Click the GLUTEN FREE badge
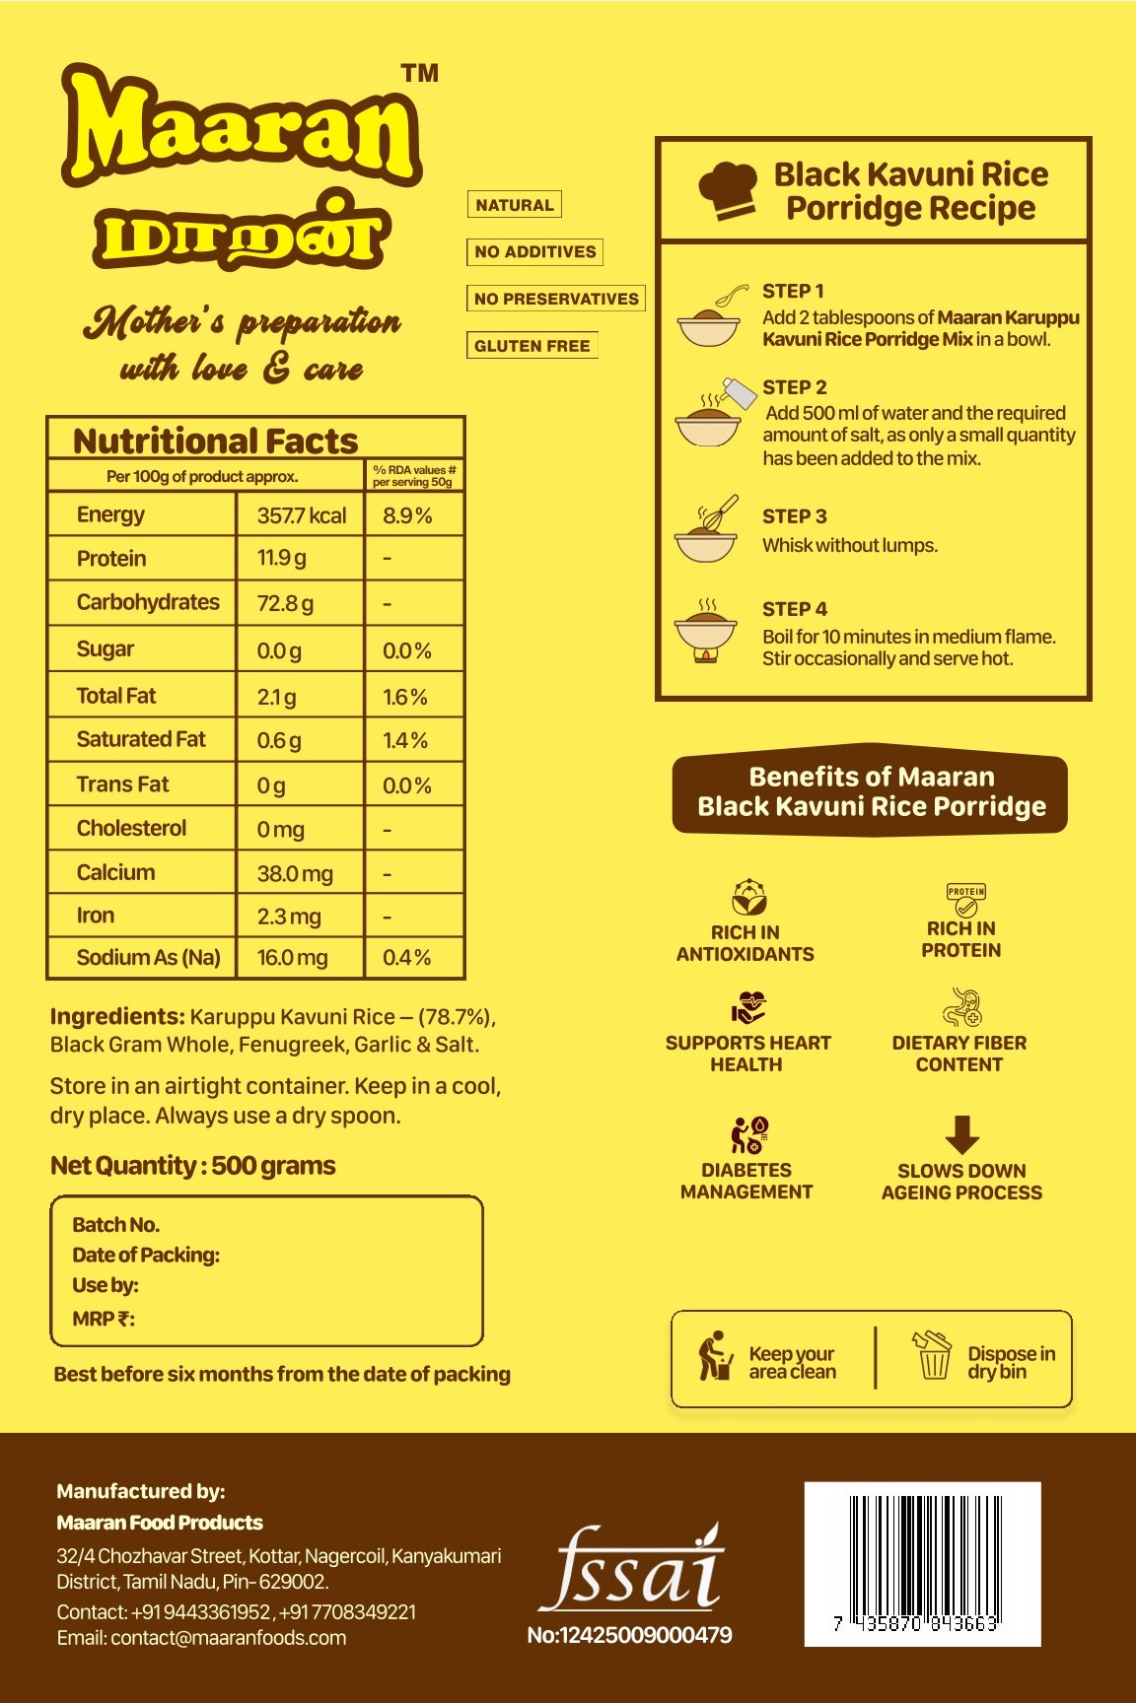[532, 346]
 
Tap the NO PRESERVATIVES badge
[556, 299]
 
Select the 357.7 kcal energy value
[301, 515]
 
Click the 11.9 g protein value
[281, 559]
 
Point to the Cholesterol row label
[131, 828]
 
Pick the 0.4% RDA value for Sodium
[406, 958]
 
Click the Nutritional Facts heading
[215, 441]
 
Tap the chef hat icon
[728, 190]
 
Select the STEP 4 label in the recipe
[794, 609]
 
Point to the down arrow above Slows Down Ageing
[961, 1134]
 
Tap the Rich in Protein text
[960, 939]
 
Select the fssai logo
[631, 1569]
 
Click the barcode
[922, 1562]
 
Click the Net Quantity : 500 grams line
[193, 1166]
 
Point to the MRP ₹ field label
[104, 1319]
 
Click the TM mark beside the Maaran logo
[420, 74]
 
